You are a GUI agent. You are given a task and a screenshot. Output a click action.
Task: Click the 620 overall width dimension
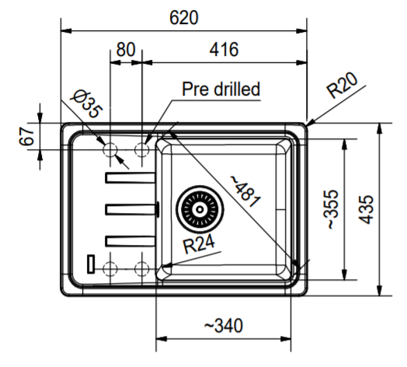pos(184,18)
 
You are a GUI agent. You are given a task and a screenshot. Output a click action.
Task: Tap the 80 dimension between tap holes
pos(126,50)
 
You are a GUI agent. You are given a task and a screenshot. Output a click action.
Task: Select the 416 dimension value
pos(224,50)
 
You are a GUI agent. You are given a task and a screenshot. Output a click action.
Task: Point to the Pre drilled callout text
pos(221,89)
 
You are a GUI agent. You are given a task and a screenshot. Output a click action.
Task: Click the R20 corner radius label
pos(343,86)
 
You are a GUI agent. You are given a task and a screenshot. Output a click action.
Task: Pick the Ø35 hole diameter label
pos(87,103)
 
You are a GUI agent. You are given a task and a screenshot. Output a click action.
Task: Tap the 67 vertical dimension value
pos(26,136)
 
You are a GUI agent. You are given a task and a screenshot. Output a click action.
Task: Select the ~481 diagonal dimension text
pos(245,191)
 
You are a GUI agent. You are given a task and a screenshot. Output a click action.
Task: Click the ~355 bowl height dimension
pos(331,209)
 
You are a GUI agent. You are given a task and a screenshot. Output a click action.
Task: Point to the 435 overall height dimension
pos(366,209)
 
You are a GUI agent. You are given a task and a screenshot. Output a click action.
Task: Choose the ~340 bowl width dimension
pos(224,326)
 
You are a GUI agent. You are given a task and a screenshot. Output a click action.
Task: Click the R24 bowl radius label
pos(199,244)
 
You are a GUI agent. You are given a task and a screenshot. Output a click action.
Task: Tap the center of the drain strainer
pos(200,209)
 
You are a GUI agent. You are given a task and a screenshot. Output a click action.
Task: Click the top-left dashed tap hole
pos(110,150)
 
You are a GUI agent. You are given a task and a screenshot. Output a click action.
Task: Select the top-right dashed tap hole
pos(141,150)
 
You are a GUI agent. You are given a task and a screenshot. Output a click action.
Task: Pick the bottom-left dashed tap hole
pos(110,269)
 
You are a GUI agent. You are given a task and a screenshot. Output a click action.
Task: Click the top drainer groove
pos(130,178)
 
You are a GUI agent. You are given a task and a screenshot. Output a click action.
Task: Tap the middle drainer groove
pos(130,209)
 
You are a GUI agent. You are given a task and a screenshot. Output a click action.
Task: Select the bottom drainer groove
pos(130,241)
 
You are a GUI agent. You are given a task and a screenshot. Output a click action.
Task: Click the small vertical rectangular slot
pos(91,264)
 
